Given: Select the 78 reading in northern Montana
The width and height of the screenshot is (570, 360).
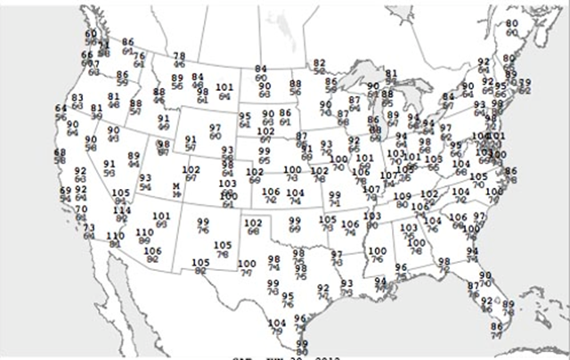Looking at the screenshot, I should (x=179, y=56).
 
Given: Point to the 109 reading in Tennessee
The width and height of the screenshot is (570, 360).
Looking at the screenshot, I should (x=403, y=196).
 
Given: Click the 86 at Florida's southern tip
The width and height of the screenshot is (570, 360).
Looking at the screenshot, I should (x=496, y=326).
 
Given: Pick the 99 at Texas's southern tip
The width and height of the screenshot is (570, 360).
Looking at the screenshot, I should (x=302, y=343).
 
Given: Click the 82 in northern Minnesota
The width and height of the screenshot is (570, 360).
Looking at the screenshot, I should (x=320, y=61).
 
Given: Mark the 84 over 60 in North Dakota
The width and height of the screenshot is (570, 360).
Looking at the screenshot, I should (x=261, y=69).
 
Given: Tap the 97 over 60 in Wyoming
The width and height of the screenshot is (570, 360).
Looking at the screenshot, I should (x=215, y=127).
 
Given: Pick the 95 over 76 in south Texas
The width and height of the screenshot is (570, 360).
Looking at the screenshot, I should (x=288, y=296).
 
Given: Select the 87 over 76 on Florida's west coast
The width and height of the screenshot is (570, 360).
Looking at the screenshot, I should (x=473, y=286).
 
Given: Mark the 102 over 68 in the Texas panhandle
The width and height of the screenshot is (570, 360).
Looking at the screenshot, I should (x=253, y=222).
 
